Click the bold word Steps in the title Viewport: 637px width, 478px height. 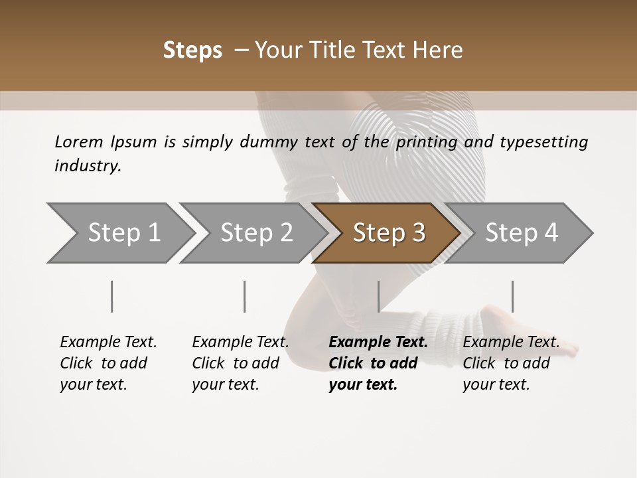point(192,50)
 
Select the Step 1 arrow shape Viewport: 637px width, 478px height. point(123,232)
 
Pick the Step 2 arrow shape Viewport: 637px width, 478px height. point(255,232)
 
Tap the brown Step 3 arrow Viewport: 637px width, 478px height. point(388,232)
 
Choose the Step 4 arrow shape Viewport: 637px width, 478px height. point(521,232)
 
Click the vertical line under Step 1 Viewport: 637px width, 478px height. point(112,296)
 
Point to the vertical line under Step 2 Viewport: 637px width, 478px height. point(245,296)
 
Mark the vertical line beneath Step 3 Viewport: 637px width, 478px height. point(378,296)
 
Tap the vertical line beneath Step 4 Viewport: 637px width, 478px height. point(512,296)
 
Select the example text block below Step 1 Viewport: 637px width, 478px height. point(108,363)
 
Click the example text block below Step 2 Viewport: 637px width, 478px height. point(240,363)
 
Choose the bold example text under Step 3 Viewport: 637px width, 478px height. point(378,363)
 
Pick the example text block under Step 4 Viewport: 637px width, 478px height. point(511,363)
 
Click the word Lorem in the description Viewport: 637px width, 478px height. point(79,141)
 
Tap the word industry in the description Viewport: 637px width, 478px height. point(88,166)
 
